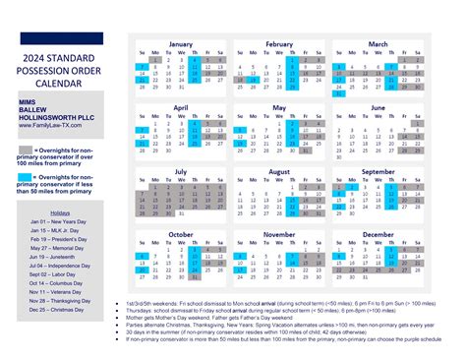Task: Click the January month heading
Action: [x=181, y=44]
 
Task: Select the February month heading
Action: [x=279, y=44]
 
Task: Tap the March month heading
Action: [x=378, y=44]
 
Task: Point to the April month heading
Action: [x=181, y=107]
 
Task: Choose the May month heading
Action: [x=279, y=107]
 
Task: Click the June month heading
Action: [x=378, y=107]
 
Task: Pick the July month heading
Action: [x=181, y=171]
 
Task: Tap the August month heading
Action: [x=279, y=171]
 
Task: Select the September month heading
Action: [x=378, y=171]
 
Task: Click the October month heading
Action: [x=181, y=235]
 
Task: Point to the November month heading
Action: [x=279, y=235]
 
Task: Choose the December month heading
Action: [x=378, y=235]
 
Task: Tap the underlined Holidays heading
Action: [x=60, y=212]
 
